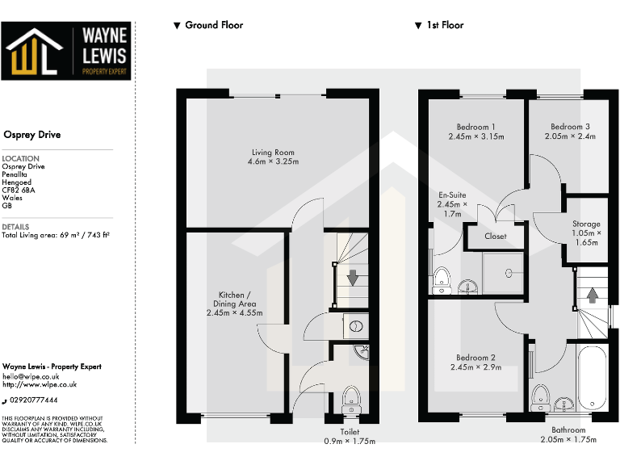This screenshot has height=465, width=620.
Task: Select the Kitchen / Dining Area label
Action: [x=234, y=304]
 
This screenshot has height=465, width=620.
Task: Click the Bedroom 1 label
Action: [x=475, y=132]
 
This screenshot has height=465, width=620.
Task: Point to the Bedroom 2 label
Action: [x=475, y=362]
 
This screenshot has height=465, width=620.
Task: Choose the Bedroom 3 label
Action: [x=570, y=132]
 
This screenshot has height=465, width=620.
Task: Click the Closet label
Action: [x=495, y=237]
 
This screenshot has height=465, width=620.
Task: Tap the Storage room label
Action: [x=586, y=232]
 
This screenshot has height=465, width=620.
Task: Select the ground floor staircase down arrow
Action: [x=352, y=279]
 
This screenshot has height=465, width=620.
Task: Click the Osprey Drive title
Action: [x=32, y=135]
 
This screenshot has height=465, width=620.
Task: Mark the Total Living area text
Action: [x=56, y=235]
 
